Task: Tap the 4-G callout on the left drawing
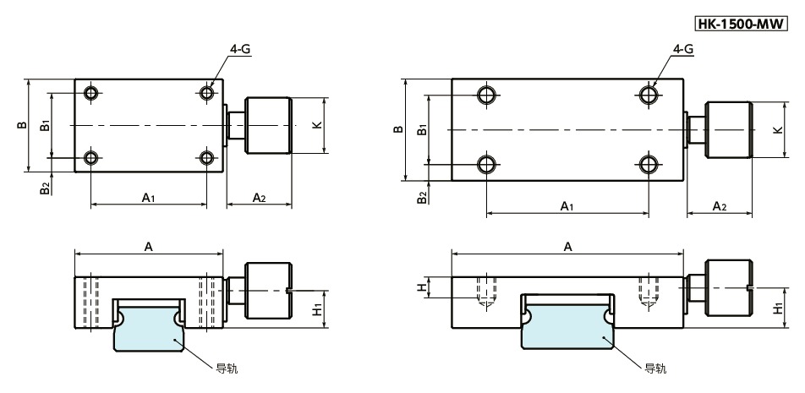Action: click(240, 51)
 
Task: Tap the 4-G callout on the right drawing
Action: click(683, 51)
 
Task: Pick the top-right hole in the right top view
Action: click(649, 94)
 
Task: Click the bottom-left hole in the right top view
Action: click(486, 163)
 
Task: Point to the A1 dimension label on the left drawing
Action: click(148, 197)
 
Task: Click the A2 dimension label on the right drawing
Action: click(720, 205)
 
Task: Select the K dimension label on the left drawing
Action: click(316, 125)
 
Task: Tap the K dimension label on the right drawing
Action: click(777, 130)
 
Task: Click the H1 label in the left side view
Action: click(316, 309)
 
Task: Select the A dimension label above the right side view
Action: click(568, 246)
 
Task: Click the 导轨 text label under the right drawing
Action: click(655, 368)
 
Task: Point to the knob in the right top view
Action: click(728, 130)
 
